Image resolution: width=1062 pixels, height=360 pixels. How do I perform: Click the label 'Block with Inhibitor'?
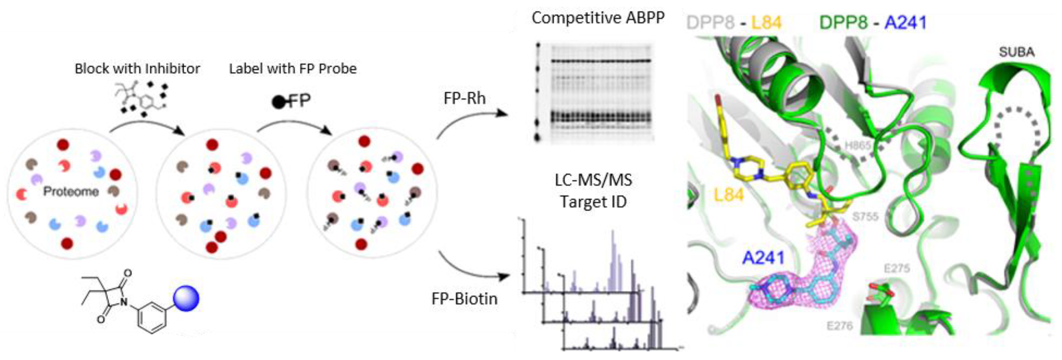click(x=137, y=68)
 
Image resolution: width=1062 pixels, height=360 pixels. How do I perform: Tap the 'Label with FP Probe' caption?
click(x=293, y=68)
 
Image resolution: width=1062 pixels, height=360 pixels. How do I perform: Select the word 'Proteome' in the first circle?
click(x=71, y=191)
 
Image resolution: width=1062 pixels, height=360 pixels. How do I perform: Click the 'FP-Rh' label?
click(x=465, y=98)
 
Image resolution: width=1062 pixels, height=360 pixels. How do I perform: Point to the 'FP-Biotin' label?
click(x=465, y=298)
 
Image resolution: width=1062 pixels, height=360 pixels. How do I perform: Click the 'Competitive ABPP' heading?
click(x=598, y=18)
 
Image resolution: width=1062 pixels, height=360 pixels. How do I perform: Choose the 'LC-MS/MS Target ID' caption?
click(x=593, y=191)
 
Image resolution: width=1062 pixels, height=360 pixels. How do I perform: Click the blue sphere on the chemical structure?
click(x=186, y=298)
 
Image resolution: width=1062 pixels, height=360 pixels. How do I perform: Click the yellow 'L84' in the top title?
click(x=766, y=23)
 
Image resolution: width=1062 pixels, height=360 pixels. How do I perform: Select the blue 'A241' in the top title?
click(x=905, y=23)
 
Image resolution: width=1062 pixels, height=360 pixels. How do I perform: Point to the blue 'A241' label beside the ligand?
click(x=763, y=258)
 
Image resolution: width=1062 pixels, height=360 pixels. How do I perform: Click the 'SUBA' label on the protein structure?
click(x=1017, y=52)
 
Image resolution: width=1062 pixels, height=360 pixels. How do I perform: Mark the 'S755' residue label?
click(x=865, y=216)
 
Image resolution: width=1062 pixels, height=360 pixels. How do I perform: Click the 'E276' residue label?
click(x=840, y=326)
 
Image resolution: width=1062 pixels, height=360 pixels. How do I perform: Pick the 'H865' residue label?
click(x=858, y=146)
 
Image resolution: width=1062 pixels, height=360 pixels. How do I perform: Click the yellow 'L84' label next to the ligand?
click(x=728, y=195)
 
